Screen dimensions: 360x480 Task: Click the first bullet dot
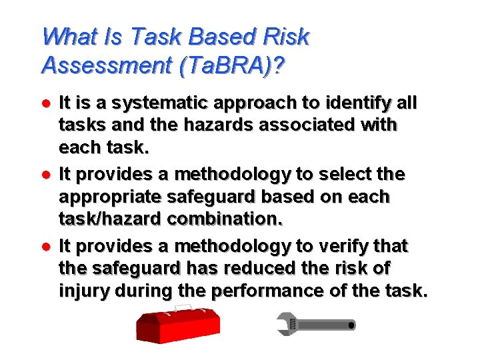coord(45,104)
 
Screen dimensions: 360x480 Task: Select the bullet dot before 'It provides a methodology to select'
coord(45,175)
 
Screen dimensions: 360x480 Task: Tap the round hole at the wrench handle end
coord(351,325)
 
